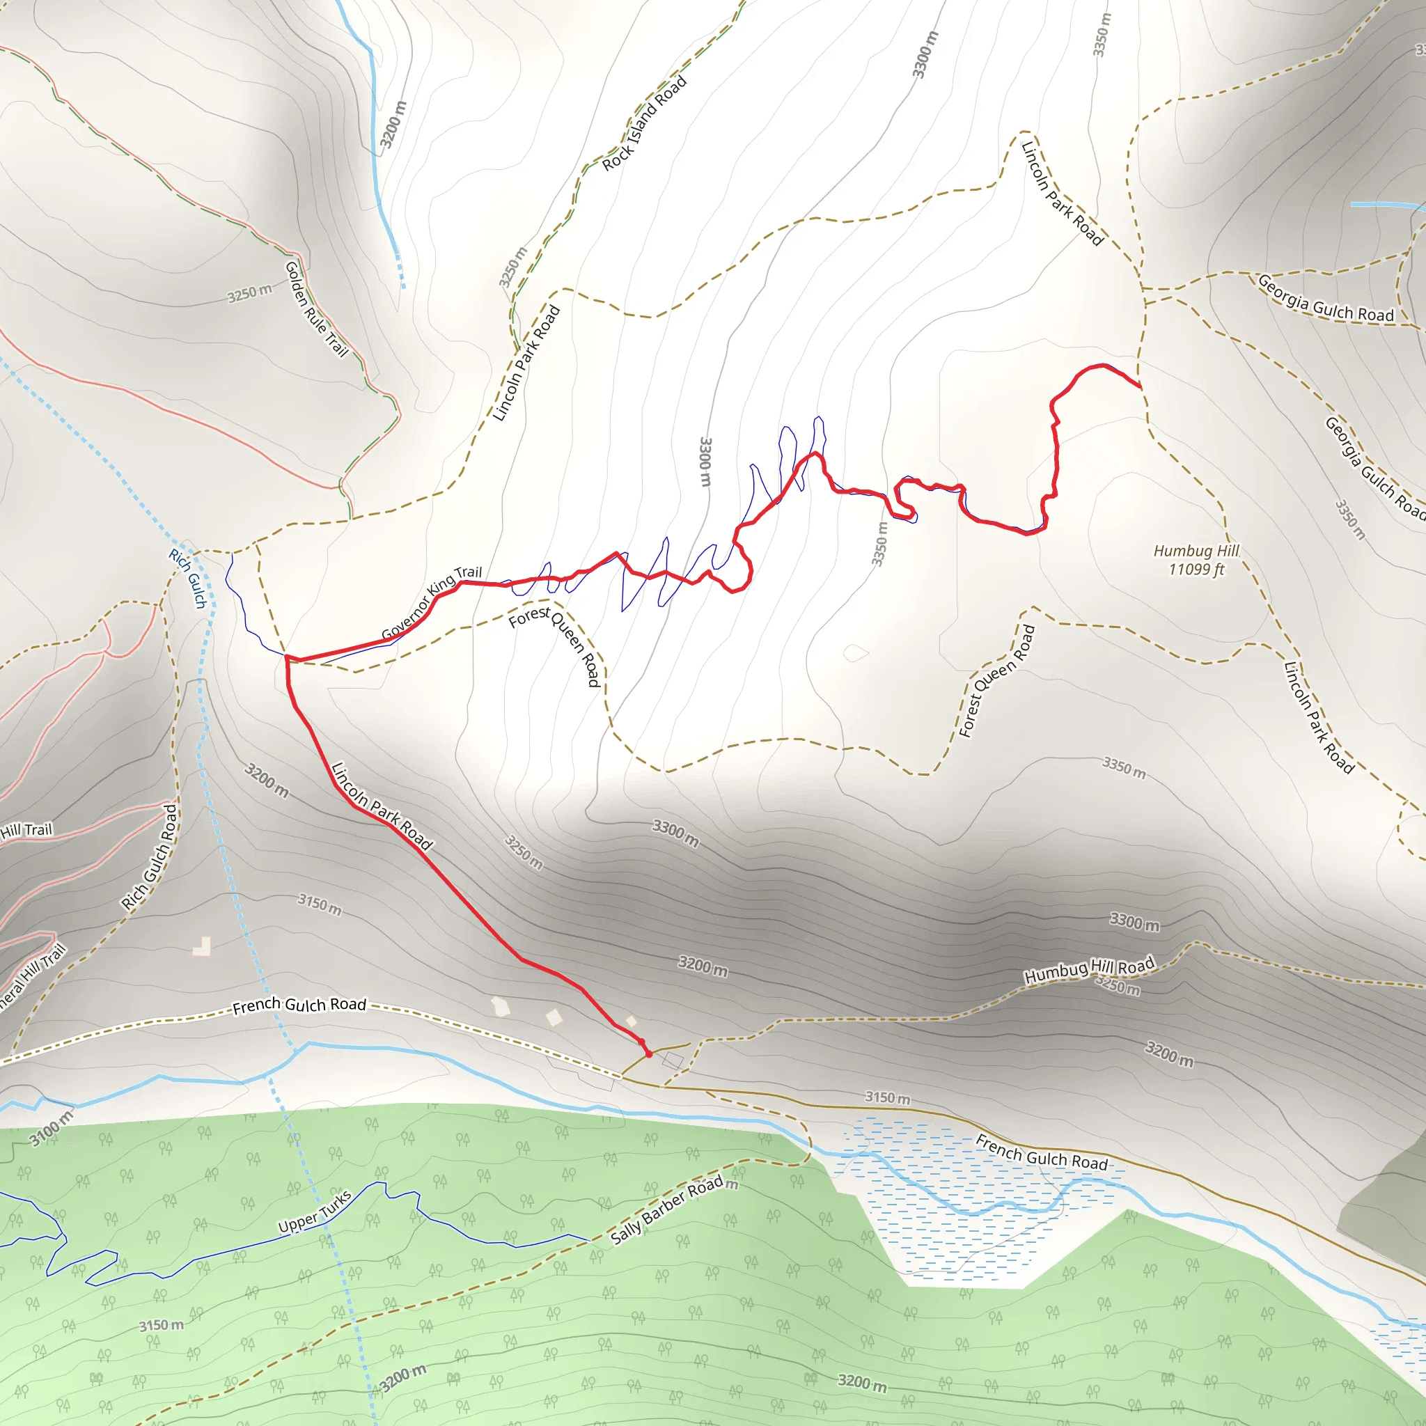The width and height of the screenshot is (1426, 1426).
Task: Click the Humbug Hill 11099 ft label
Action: click(1196, 560)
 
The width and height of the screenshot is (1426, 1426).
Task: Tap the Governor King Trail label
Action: click(432, 603)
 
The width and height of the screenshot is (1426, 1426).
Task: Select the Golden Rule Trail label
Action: click(316, 308)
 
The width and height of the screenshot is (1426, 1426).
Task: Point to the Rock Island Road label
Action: click(644, 124)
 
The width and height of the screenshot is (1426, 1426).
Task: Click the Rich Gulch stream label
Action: click(187, 578)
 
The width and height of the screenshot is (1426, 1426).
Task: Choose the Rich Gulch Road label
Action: click(150, 857)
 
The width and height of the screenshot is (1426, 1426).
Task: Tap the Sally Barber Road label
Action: click(668, 1210)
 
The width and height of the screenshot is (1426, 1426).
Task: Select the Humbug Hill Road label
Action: click(1089, 971)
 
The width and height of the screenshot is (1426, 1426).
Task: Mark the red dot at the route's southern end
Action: click(649, 1055)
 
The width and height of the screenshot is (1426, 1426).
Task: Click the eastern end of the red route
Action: click(1140, 386)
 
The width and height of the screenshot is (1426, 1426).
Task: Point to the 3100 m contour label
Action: click(52, 1129)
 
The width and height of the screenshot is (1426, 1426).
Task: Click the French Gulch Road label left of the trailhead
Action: click(299, 1005)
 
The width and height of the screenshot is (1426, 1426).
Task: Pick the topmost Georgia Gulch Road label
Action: click(1325, 299)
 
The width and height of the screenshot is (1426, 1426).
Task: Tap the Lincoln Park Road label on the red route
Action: click(382, 807)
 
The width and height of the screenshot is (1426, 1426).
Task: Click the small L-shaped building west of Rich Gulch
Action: click(202, 946)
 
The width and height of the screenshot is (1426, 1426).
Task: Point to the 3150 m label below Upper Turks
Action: click(162, 1325)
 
